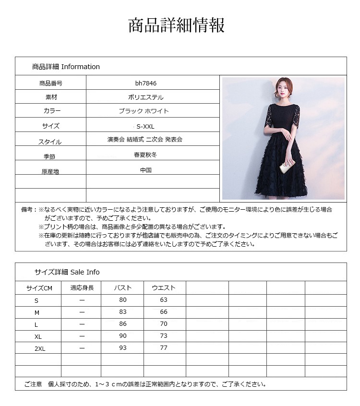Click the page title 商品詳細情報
click(x=176, y=25)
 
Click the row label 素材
click(x=51, y=97)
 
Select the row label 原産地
click(x=51, y=171)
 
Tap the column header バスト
click(x=122, y=288)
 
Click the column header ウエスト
click(x=164, y=288)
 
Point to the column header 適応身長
click(x=82, y=288)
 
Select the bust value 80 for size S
click(x=123, y=300)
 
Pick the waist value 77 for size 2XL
click(x=164, y=348)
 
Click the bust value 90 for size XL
click(x=123, y=336)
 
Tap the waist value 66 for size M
click(x=164, y=312)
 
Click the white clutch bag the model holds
click(x=286, y=167)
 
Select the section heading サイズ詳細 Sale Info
click(x=67, y=272)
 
